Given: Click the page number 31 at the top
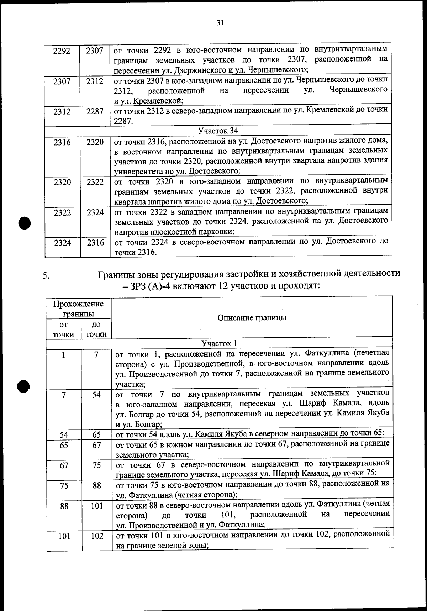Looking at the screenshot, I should point(220,23).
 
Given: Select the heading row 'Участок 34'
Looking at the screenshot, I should point(218,131).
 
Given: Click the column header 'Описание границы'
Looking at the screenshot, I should point(252,318).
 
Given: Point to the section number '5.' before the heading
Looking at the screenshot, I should point(46,275).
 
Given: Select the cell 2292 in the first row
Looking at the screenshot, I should point(62,51).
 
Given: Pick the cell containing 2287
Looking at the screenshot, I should point(95,112).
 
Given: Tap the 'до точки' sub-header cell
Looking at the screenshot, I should point(96,329).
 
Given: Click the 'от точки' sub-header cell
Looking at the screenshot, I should point(64,329).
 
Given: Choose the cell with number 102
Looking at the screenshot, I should point(97,536).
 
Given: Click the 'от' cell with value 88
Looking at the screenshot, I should point(64,506).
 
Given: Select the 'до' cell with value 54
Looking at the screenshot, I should point(96,395).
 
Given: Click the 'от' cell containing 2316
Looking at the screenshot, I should point(62,142).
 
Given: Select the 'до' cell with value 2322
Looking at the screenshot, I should point(95,182).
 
